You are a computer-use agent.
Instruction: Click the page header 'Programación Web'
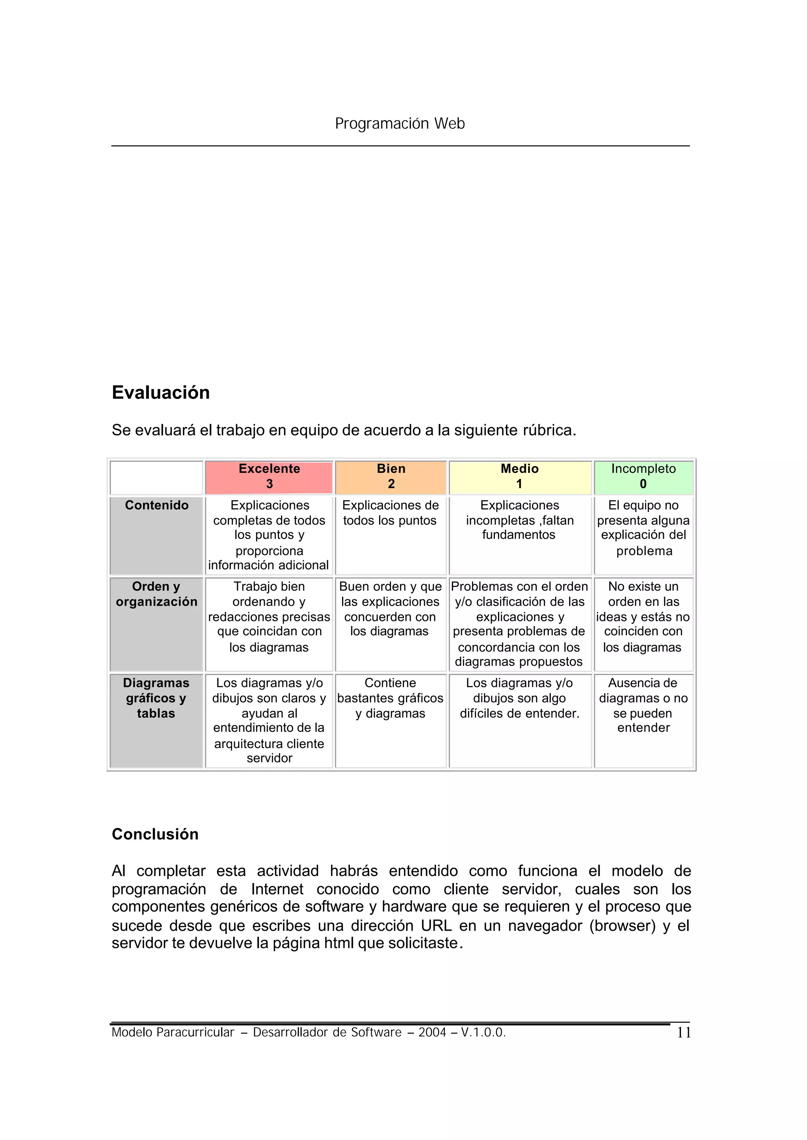pyautogui.click(x=400, y=123)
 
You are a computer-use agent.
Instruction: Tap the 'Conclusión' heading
pyautogui.click(x=155, y=834)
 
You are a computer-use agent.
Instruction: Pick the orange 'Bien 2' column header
pyautogui.click(x=390, y=476)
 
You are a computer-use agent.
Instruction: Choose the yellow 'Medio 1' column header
pyautogui.click(x=519, y=476)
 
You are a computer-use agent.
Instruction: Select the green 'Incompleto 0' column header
pyautogui.click(x=643, y=476)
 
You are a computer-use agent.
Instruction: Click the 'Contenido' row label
pyautogui.click(x=156, y=506)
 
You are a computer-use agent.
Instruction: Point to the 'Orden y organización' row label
pyautogui.click(x=156, y=594)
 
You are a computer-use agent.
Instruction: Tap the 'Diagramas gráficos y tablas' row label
pyautogui.click(x=156, y=698)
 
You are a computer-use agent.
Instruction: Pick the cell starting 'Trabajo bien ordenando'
pyautogui.click(x=269, y=617)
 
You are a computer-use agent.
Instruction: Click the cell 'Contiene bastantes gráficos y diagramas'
pyautogui.click(x=390, y=698)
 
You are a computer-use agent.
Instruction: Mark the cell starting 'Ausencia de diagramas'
pyautogui.click(x=643, y=705)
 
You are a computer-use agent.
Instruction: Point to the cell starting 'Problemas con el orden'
pyautogui.click(x=519, y=624)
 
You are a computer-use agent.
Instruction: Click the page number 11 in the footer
pyautogui.click(x=684, y=1033)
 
